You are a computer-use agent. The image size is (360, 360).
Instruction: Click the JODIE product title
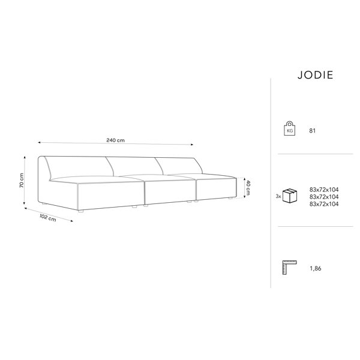click(315, 75)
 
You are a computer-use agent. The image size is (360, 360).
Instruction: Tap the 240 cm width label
click(115, 140)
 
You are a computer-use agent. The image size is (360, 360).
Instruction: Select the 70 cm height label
click(22, 180)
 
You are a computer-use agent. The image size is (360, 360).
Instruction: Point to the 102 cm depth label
click(48, 217)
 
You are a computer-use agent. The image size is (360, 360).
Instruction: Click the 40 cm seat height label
click(248, 188)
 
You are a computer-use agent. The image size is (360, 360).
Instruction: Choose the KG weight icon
click(290, 128)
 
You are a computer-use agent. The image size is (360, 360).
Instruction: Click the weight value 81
click(313, 131)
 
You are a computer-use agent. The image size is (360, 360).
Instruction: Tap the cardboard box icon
click(290, 196)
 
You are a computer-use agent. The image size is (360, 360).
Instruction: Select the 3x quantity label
click(278, 197)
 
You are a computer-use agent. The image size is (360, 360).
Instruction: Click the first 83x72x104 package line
click(324, 190)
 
